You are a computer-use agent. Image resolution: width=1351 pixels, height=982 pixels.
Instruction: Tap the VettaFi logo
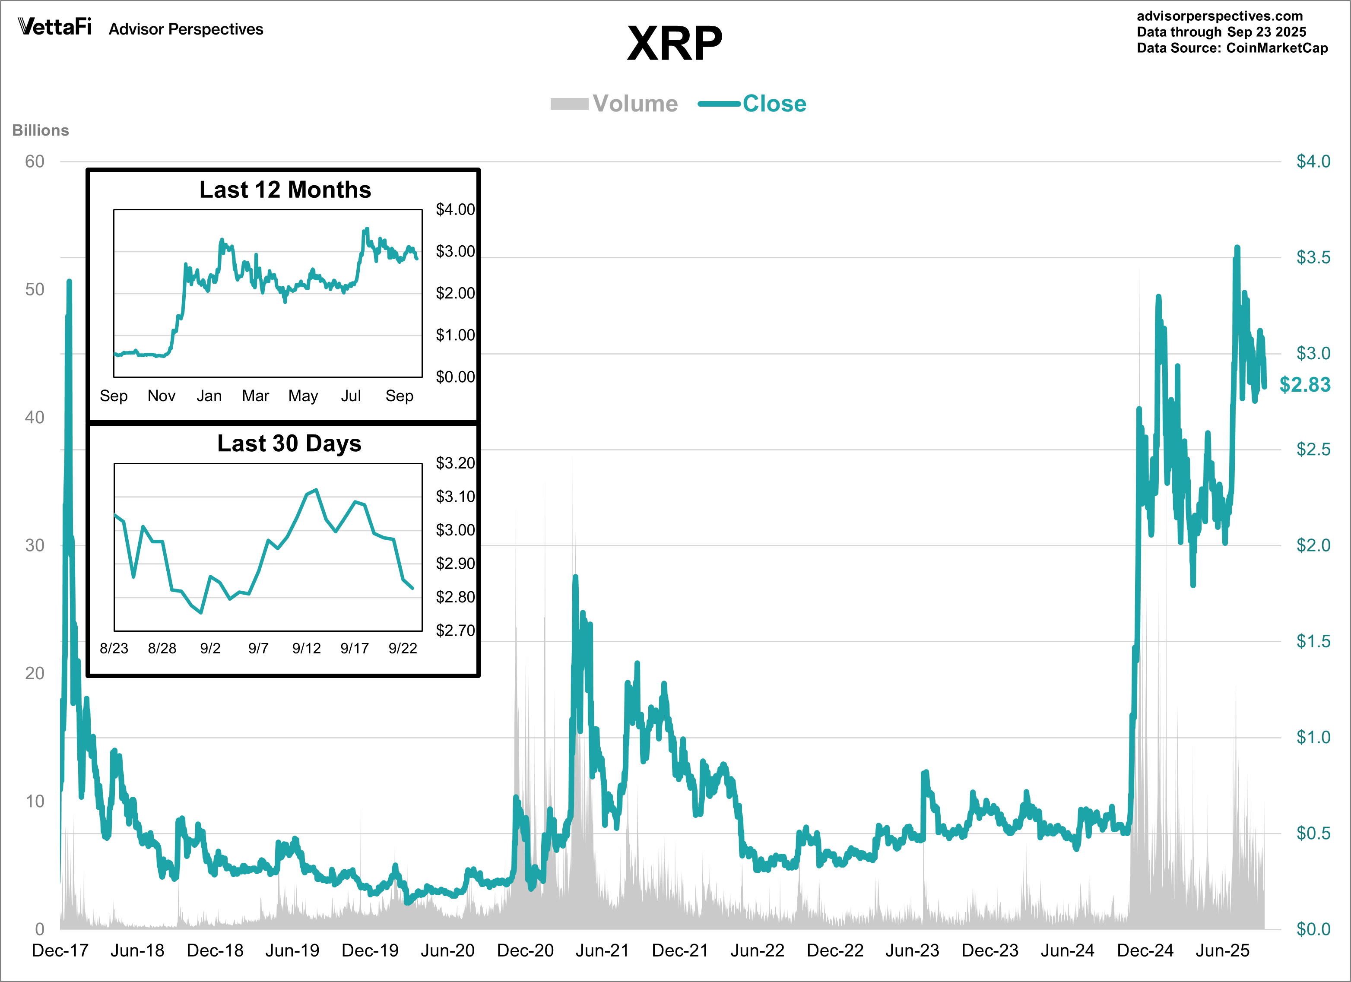55,27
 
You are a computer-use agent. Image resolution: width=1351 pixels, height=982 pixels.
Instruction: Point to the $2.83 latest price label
1304,385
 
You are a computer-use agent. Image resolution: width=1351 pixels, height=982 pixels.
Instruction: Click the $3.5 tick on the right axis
1313,257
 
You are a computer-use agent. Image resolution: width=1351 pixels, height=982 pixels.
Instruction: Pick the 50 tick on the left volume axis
35,289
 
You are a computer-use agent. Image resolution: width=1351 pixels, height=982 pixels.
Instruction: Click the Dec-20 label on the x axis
525,950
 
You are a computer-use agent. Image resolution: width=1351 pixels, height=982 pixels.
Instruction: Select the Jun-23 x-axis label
912,950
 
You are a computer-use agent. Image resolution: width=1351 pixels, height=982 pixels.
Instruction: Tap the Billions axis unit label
41,130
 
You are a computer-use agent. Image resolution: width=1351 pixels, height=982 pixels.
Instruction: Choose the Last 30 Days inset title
289,443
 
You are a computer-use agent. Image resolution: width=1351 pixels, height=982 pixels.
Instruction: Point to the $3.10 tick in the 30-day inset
455,497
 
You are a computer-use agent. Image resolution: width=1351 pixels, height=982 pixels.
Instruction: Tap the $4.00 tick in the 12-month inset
455,209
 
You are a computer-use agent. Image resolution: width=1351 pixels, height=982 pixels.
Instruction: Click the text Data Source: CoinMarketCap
1232,48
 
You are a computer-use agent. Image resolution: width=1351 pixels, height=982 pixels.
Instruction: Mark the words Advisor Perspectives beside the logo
186,29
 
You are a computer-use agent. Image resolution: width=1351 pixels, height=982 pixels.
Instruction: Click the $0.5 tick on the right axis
1313,833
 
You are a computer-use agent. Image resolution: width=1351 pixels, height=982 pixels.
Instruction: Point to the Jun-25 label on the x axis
1222,950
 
